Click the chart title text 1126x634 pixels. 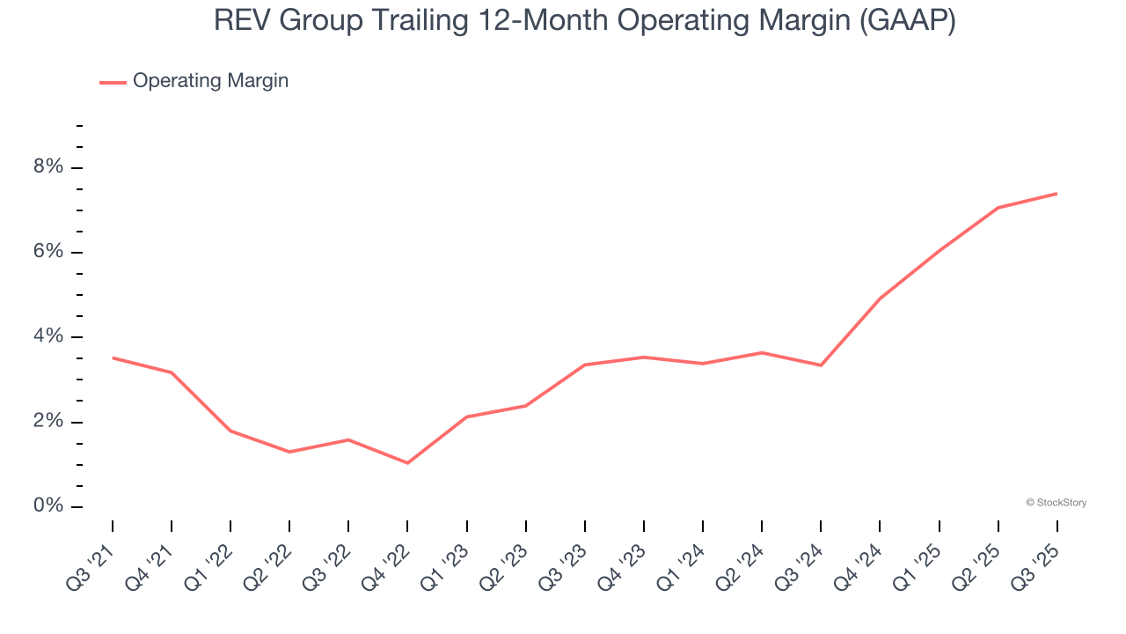(584, 21)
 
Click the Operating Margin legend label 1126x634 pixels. (210, 81)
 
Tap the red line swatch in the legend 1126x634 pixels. (113, 82)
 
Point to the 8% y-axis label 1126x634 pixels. (48, 167)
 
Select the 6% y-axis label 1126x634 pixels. (48, 252)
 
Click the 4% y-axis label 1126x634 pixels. (48, 336)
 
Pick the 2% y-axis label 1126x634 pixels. (48, 421)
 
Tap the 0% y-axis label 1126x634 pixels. (48, 505)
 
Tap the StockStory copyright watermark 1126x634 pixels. (1056, 503)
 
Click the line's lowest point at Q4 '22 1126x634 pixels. (407, 463)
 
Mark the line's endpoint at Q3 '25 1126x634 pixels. (1057, 194)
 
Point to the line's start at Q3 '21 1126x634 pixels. (113, 358)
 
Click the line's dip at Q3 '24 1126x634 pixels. (821, 365)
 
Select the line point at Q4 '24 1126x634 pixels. (880, 299)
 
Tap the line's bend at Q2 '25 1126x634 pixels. (998, 208)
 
